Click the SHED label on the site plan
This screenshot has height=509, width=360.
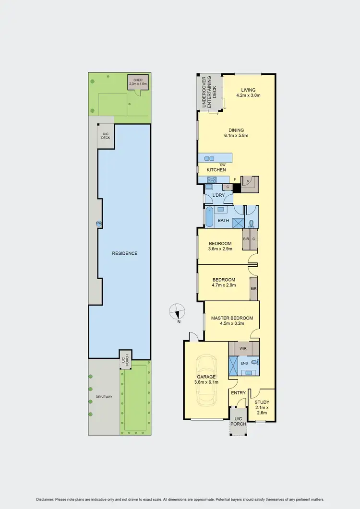[x=138, y=80]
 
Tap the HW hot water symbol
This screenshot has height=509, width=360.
[x=99, y=223]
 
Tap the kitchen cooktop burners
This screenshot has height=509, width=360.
[x=212, y=180]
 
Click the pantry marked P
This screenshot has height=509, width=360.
[x=248, y=181]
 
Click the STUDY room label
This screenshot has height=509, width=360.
[x=262, y=402]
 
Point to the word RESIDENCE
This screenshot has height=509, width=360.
[x=125, y=253]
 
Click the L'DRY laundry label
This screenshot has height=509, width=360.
[x=219, y=196]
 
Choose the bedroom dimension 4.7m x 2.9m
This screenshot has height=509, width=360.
[x=224, y=285]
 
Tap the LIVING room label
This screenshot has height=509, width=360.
[x=248, y=90]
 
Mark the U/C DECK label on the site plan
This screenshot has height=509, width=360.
[x=106, y=136]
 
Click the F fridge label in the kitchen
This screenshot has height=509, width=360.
[x=235, y=179]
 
